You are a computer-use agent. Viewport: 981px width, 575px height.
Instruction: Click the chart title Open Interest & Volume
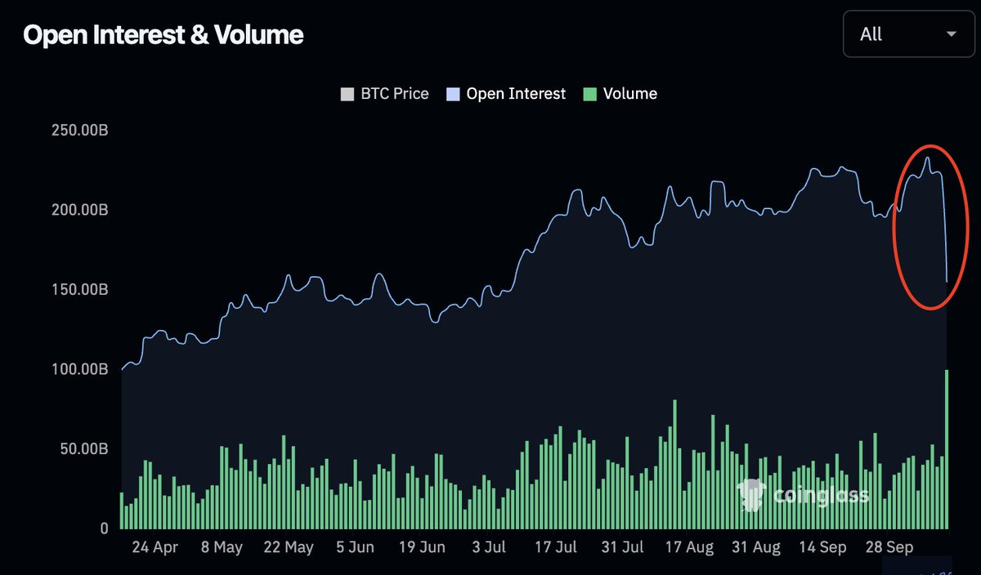163,34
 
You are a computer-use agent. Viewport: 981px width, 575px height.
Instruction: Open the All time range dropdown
907,34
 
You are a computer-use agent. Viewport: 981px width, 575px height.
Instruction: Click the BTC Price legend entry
385,94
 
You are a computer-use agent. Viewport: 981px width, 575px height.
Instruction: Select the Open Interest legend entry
506,94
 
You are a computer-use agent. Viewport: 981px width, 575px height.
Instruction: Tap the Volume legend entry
620,94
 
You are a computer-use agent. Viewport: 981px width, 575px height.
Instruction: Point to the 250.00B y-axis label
79,131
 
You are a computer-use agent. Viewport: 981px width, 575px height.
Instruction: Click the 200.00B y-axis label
79,210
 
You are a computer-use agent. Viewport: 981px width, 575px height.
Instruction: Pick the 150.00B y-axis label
79,290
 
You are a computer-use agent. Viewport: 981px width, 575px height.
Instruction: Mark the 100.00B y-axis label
79,369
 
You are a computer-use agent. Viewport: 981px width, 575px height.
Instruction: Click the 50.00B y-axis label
83,449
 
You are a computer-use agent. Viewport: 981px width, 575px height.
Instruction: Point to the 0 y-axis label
103,528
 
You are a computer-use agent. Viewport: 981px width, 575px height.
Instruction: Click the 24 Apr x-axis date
155,548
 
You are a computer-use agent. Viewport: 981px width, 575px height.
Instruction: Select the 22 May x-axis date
288,548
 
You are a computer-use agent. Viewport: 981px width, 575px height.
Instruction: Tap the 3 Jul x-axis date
490,548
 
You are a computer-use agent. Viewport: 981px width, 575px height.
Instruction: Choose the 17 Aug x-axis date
689,548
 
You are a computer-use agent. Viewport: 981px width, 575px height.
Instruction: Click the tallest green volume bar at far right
947,449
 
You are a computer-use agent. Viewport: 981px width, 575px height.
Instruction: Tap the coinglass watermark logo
751,495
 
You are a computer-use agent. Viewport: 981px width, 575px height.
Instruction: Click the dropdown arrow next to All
951,34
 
